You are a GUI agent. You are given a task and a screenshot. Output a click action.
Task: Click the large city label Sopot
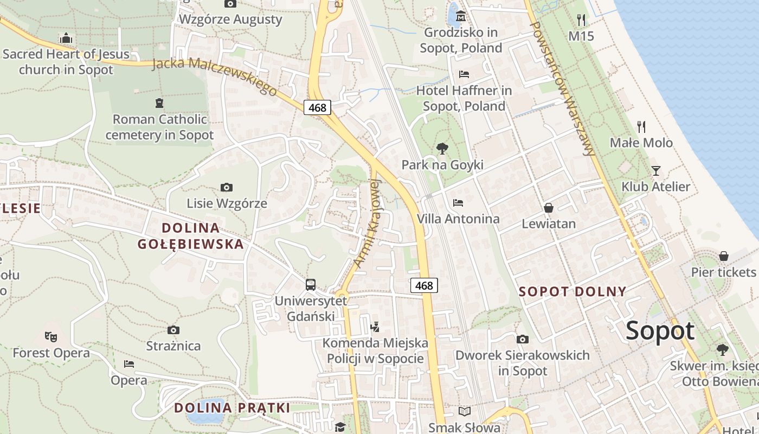(x=660, y=331)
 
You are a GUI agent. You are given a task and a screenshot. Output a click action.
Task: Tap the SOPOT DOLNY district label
(x=573, y=291)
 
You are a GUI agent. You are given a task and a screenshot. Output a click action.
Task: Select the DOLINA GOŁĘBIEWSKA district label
(x=190, y=235)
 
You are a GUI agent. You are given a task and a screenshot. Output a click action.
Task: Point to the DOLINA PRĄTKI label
(x=231, y=407)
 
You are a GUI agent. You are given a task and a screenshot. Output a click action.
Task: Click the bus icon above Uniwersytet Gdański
(x=311, y=284)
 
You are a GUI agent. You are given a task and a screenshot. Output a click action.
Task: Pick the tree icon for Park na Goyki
(x=442, y=148)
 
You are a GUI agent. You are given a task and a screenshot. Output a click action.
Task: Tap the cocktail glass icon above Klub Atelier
(x=656, y=171)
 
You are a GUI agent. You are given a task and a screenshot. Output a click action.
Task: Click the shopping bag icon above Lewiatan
(x=549, y=208)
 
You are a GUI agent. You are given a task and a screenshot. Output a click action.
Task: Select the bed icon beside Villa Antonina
(x=458, y=203)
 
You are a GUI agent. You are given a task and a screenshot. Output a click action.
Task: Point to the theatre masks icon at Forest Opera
(x=51, y=337)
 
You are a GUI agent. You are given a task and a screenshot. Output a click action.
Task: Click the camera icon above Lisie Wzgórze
(x=227, y=188)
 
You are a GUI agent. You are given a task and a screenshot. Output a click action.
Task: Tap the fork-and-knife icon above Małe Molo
(x=641, y=127)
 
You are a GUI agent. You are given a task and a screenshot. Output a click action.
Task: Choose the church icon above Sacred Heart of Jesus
(x=66, y=38)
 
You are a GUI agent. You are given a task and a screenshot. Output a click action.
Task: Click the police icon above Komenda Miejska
(x=375, y=327)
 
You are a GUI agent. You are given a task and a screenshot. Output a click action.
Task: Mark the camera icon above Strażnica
(x=173, y=330)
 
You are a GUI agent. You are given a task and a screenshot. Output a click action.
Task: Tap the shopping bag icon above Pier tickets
(x=724, y=256)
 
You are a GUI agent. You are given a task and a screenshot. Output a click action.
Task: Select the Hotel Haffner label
(x=464, y=98)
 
